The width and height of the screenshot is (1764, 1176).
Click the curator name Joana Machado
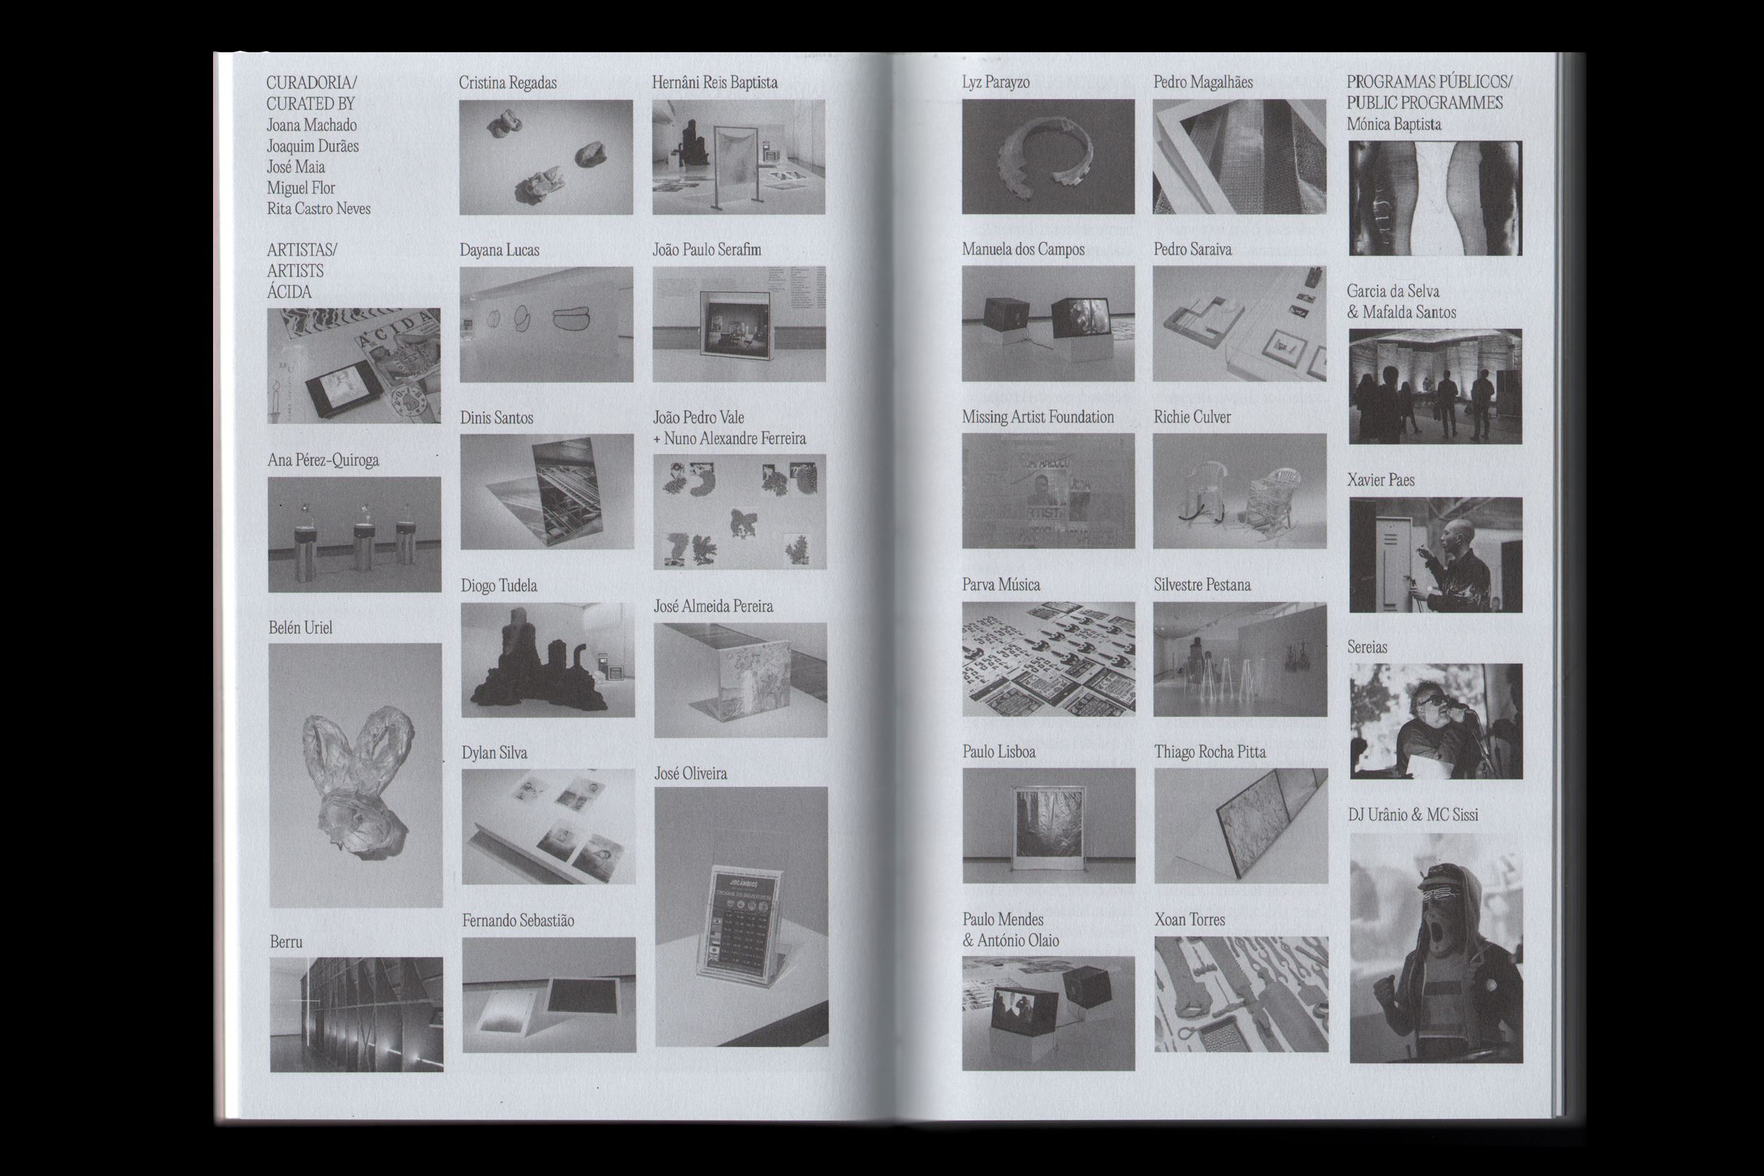pyautogui.click(x=311, y=126)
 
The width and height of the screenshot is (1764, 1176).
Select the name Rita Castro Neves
pyautogui.click(x=319, y=209)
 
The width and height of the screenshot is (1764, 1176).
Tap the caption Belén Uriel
pyautogui.click(x=300, y=628)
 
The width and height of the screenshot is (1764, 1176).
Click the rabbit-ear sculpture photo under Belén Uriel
pyautogui.click(x=356, y=775)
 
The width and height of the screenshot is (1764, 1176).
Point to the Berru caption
pyautogui.click(x=286, y=942)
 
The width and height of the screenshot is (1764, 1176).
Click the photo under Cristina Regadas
pyautogui.click(x=546, y=157)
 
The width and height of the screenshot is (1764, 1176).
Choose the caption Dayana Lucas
pyautogui.click(x=500, y=250)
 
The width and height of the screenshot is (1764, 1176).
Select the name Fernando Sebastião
pyautogui.click(x=518, y=920)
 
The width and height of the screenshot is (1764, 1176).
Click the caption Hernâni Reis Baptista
pyautogui.click(x=715, y=83)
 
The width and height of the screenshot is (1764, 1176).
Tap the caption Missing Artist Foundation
pyautogui.click(x=1038, y=417)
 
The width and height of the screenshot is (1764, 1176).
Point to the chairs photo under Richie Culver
pyautogui.click(x=1240, y=491)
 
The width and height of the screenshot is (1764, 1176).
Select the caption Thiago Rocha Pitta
pyautogui.click(x=1209, y=752)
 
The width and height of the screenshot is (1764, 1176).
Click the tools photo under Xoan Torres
pyautogui.click(x=1241, y=994)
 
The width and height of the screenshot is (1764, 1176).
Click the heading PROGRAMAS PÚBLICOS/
pyautogui.click(x=1430, y=82)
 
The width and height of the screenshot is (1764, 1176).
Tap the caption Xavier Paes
pyautogui.click(x=1381, y=480)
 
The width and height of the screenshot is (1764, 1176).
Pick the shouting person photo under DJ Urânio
pyautogui.click(x=1437, y=948)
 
